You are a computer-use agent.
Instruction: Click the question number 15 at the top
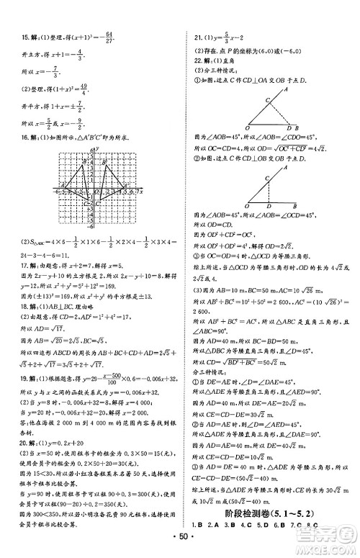click(x=15, y=38)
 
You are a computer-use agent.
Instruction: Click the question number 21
click(x=191, y=37)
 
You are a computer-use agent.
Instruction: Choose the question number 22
click(x=191, y=70)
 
